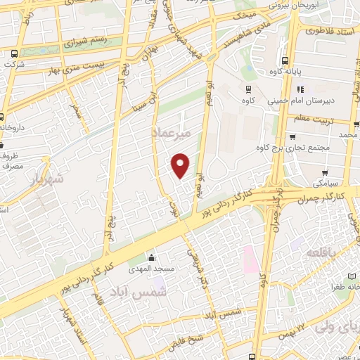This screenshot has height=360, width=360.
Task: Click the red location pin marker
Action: click(181, 165)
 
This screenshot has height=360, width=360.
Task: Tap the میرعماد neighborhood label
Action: click(171, 134)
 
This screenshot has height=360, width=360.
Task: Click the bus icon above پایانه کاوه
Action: click(285, 61)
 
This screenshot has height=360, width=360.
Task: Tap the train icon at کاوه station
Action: click(248, 89)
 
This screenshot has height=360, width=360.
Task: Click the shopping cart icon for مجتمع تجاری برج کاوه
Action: click(292, 137)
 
